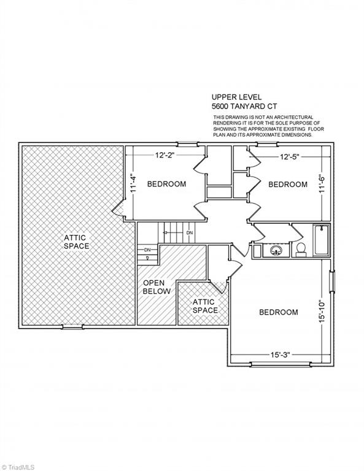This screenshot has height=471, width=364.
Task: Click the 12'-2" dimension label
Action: [165, 155]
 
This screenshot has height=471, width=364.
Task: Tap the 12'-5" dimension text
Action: [290, 157]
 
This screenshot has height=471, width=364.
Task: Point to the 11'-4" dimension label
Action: [134, 183]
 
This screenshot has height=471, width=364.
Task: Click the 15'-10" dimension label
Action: [322, 311]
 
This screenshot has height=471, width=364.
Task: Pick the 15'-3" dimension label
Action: [280, 354]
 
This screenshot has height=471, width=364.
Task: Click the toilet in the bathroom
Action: [301, 250]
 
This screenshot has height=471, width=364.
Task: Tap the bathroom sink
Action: [276, 250]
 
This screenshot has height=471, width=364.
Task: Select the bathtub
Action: [321, 240]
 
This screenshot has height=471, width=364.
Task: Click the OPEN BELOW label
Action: [157, 287]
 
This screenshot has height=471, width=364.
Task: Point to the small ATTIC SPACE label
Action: [205, 306]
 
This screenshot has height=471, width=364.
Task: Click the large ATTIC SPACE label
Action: [76, 242]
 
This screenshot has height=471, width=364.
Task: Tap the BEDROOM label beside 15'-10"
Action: [279, 312]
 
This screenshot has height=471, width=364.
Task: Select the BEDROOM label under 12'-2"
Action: [166, 184]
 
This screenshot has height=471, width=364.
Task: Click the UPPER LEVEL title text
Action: [236, 97]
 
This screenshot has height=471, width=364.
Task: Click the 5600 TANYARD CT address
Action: [244, 106]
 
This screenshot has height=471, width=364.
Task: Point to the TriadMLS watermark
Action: [18, 467]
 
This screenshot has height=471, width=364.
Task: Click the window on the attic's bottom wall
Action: [72, 326]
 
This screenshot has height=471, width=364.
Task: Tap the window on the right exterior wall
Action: [332, 281]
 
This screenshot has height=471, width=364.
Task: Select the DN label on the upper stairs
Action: [189, 233]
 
